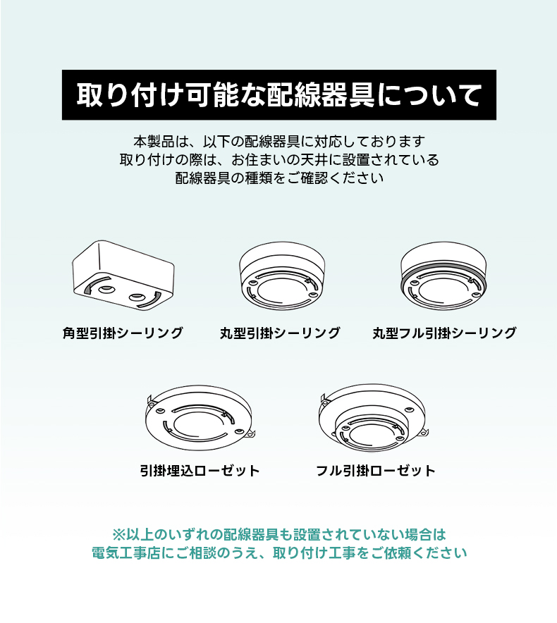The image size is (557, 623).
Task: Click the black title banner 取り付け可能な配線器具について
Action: coord(278,95)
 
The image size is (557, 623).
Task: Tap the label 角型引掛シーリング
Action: coord(123,333)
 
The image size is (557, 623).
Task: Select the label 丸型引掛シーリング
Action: coord(280,333)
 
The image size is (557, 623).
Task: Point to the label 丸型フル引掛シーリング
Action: coord(444,333)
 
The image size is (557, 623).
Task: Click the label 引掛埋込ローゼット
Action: coord(200,471)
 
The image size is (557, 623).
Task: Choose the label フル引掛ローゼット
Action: coord(375,471)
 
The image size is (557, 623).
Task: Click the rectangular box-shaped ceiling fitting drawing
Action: coord(123,275)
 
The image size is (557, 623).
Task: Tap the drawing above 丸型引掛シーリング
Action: coord(282,276)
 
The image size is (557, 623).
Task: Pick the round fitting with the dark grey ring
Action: coord(443,276)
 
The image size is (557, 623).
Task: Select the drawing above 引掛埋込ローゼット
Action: coord(200,417)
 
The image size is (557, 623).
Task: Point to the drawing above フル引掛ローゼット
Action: coord(373,417)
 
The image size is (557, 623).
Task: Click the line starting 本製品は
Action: coord(279,142)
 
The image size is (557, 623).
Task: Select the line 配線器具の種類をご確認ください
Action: coord(279,178)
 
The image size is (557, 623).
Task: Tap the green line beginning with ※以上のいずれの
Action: coord(279,534)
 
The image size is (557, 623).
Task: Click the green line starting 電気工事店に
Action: coord(279,553)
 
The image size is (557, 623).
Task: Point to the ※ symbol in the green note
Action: coord(119,534)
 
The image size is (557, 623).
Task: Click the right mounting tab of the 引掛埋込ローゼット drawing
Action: coord(250,436)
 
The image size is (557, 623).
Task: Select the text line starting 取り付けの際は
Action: coord(279,160)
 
